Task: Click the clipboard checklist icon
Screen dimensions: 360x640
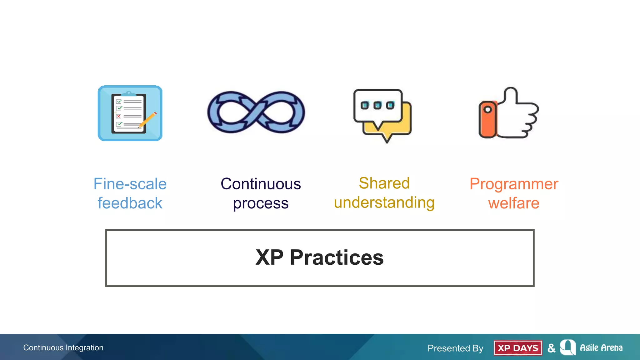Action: click(129, 113)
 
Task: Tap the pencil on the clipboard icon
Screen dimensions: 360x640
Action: click(147, 120)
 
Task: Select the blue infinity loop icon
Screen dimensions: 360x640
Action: click(256, 112)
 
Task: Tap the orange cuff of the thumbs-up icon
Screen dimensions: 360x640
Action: click(488, 119)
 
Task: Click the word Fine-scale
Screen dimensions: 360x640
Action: click(130, 184)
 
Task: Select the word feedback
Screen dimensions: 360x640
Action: click(130, 203)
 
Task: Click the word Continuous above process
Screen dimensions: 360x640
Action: click(261, 184)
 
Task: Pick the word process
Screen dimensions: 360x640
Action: click(261, 204)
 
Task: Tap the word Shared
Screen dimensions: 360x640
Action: click(384, 183)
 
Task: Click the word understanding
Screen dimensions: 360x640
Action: click(384, 203)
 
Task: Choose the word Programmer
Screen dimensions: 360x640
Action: click(514, 184)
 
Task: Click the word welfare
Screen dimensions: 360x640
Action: click(514, 203)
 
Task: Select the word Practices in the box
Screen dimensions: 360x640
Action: click(337, 258)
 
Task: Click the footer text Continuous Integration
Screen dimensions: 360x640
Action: click(63, 347)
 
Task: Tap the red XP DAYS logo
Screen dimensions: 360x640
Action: click(518, 348)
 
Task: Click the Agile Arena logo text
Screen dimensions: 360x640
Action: click(601, 347)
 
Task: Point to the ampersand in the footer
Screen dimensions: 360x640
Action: click(552, 348)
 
